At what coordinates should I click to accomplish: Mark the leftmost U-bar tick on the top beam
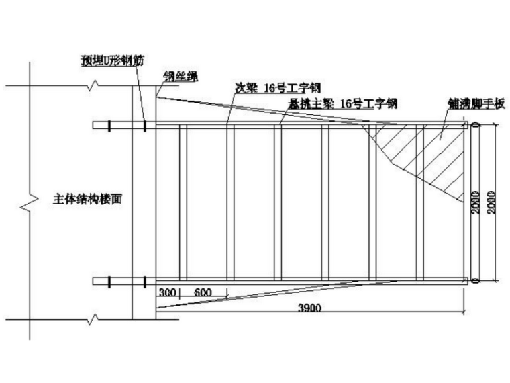(108, 125)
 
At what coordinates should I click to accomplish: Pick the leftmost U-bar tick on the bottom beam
(108, 281)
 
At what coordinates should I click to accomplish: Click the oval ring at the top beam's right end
(475, 125)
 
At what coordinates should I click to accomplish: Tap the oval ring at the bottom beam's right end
(475, 281)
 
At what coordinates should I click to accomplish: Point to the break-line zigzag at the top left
(95, 85)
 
